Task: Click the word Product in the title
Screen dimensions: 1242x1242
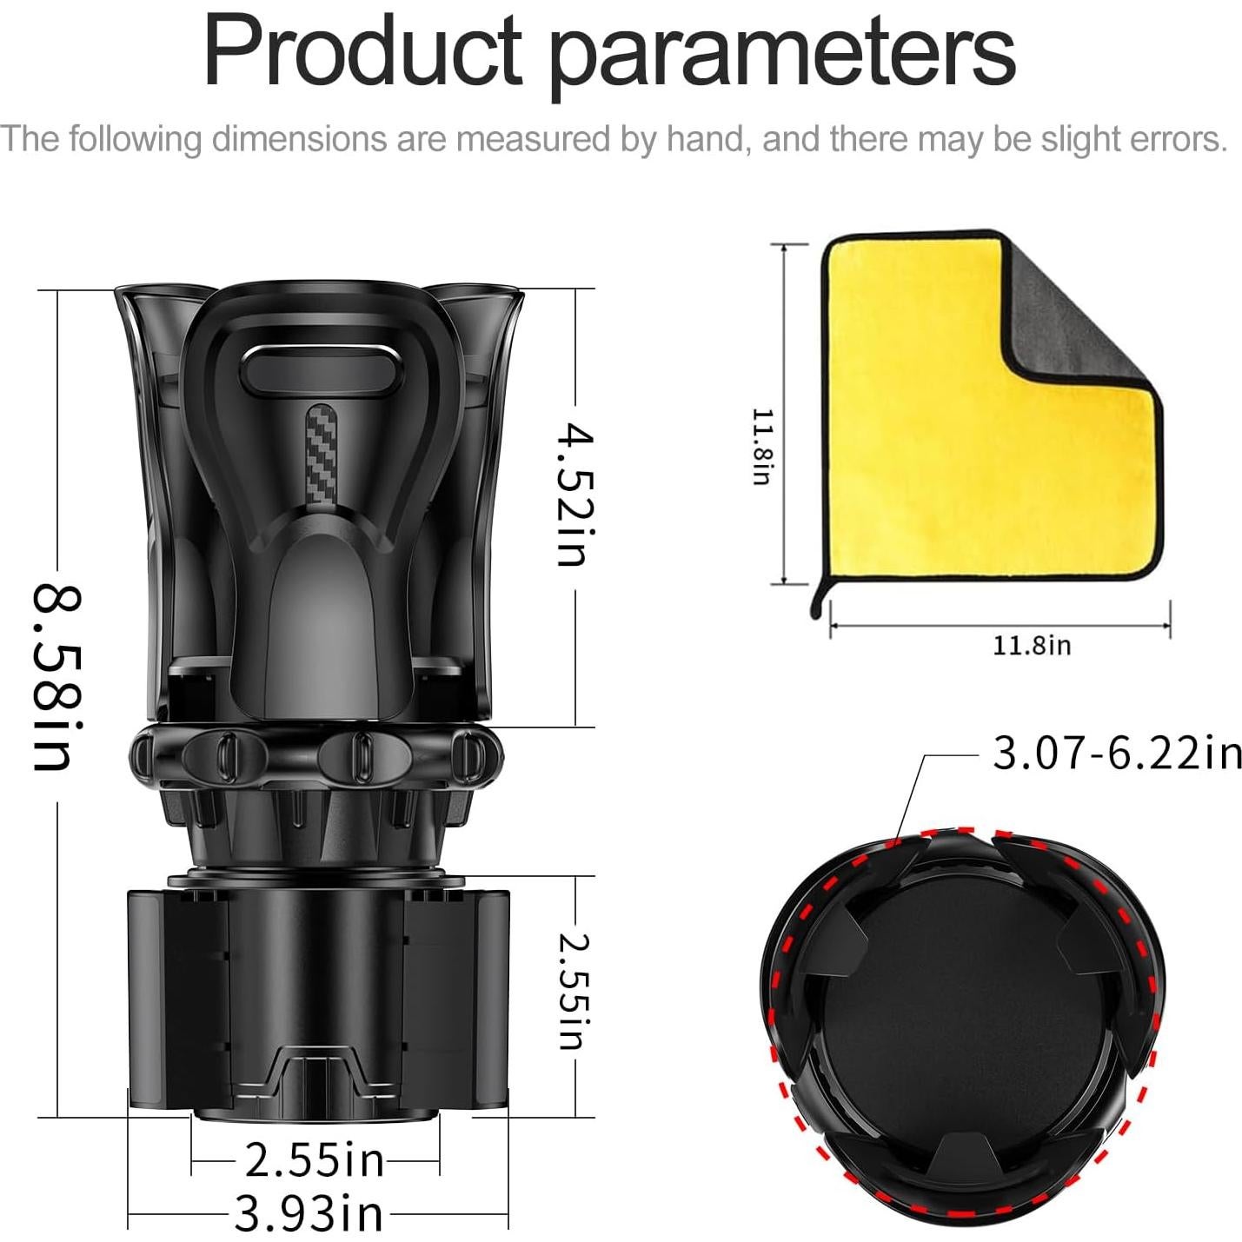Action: (363, 51)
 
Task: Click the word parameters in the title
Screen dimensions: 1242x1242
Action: (784, 58)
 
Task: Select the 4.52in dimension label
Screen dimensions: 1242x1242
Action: (575, 495)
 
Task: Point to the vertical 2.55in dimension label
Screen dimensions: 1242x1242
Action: (573, 992)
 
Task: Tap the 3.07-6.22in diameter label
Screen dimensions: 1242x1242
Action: (1117, 753)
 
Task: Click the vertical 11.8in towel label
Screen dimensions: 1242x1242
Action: (762, 447)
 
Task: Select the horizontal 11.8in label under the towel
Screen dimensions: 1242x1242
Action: (1032, 645)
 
